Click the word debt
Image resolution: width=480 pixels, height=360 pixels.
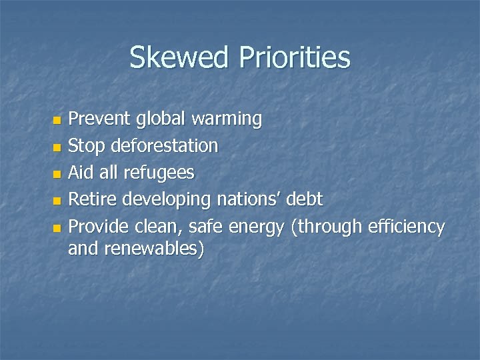(307, 199)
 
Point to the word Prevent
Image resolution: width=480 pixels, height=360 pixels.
(100, 119)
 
